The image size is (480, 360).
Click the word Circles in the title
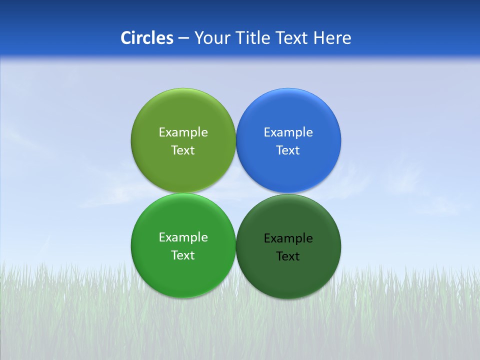[147, 38]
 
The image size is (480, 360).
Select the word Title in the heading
[253, 38]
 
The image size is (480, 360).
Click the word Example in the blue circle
[288, 132]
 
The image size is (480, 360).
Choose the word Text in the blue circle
[288, 150]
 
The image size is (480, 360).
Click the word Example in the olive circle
[183, 132]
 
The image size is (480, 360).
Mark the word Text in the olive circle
[183, 150]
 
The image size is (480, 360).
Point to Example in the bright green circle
[183, 237]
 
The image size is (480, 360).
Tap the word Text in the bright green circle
[183, 255]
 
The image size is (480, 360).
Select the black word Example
[288, 238]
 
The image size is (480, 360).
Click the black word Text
[288, 256]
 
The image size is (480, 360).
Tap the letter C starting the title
[125, 38]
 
